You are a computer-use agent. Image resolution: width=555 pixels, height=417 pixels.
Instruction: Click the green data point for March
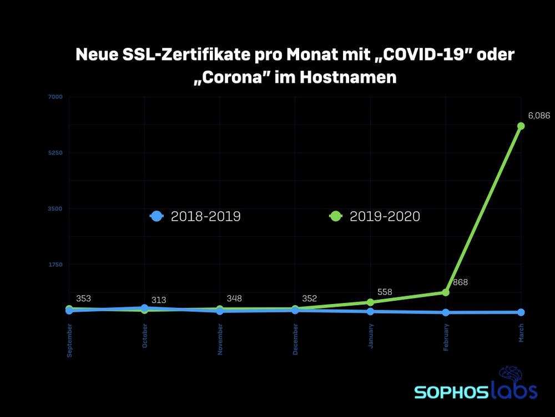(x=521, y=126)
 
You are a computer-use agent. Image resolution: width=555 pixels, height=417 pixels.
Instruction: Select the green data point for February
(x=446, y=292)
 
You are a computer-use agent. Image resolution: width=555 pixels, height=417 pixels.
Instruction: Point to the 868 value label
(x=461, y=282)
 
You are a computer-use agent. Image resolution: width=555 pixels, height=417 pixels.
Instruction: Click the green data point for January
(x=370, y=302)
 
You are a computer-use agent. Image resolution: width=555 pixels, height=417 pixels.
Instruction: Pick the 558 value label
(x=385, y=292)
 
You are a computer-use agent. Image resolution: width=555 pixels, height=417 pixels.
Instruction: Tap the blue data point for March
(x=521, y=312)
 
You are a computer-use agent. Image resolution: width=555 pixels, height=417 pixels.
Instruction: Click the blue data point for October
(x=144, y=307)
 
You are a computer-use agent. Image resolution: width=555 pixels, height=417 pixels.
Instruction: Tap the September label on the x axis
(x=69, y=340)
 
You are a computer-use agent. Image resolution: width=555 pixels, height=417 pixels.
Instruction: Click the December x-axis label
(x=295, y=339)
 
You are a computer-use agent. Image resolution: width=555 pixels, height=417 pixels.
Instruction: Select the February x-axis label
(x=446, y=338)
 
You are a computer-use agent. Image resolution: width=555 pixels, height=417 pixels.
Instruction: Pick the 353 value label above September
(x=83, y=299)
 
